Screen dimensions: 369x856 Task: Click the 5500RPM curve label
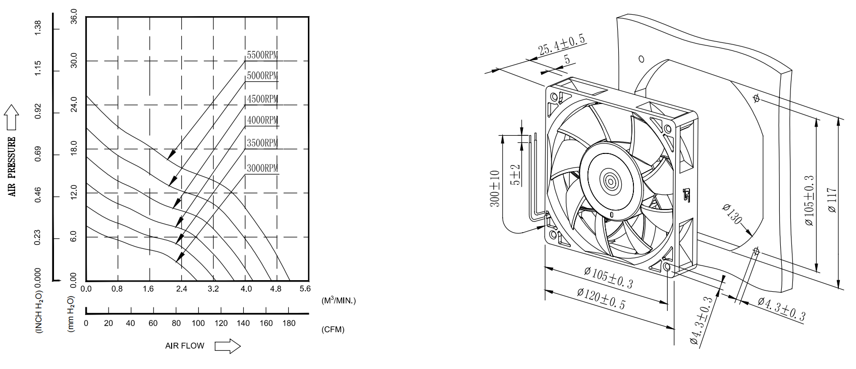(262, 55)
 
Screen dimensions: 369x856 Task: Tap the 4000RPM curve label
(262, 120)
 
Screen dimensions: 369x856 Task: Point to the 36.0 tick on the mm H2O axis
(73, 17)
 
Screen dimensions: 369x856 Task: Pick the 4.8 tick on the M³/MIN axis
(275, 289)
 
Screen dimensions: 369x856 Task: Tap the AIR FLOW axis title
(185, 346)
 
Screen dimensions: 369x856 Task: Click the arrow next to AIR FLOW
(227, 346)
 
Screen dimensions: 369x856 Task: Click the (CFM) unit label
(333, 330)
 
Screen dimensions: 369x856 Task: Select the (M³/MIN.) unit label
(339, 300)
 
